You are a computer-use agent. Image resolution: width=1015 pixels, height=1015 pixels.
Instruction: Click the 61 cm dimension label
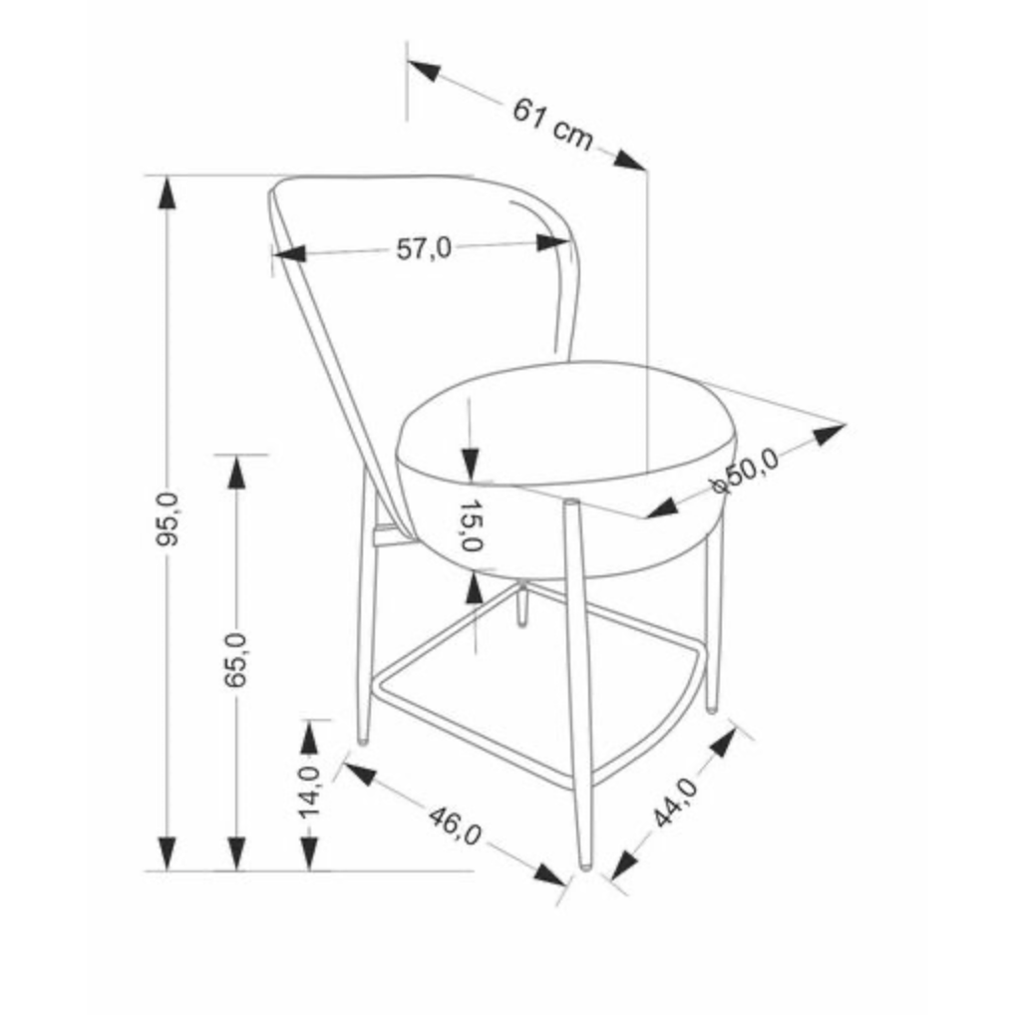click(552, 125)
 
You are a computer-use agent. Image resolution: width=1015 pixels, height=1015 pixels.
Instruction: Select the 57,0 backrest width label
click(424, 248)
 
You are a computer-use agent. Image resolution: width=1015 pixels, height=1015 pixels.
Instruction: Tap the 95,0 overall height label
click(168, 519)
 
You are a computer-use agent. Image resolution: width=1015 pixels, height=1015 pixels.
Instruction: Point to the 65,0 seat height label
click(237, 660)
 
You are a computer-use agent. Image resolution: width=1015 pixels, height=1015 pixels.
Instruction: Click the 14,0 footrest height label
click(309, 793)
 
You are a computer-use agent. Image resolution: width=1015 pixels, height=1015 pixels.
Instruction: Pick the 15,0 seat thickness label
click(472, 525)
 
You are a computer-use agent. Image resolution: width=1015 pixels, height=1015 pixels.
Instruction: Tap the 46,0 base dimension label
click(455, 826)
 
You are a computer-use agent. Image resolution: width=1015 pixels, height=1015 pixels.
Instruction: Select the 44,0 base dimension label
click(675, 803)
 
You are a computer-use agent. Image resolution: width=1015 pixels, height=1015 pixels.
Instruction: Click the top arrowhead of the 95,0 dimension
click(168, 192)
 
